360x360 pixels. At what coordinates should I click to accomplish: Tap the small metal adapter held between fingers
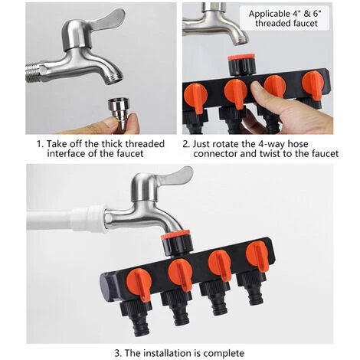tap(119, 110)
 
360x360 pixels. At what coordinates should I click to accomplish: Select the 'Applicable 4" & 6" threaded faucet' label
tap(284, 18)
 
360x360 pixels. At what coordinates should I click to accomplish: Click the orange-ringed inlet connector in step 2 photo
tap(241, 64)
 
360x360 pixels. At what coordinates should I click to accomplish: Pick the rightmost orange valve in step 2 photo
tap(313, 85)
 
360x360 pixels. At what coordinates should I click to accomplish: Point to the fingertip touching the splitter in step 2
tap(257, 89)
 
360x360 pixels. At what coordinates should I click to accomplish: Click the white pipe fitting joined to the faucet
tap(89, 218)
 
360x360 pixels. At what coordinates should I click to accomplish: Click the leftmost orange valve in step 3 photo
tap(139, 283)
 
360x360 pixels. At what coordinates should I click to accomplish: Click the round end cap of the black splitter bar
tap(106, 286)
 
